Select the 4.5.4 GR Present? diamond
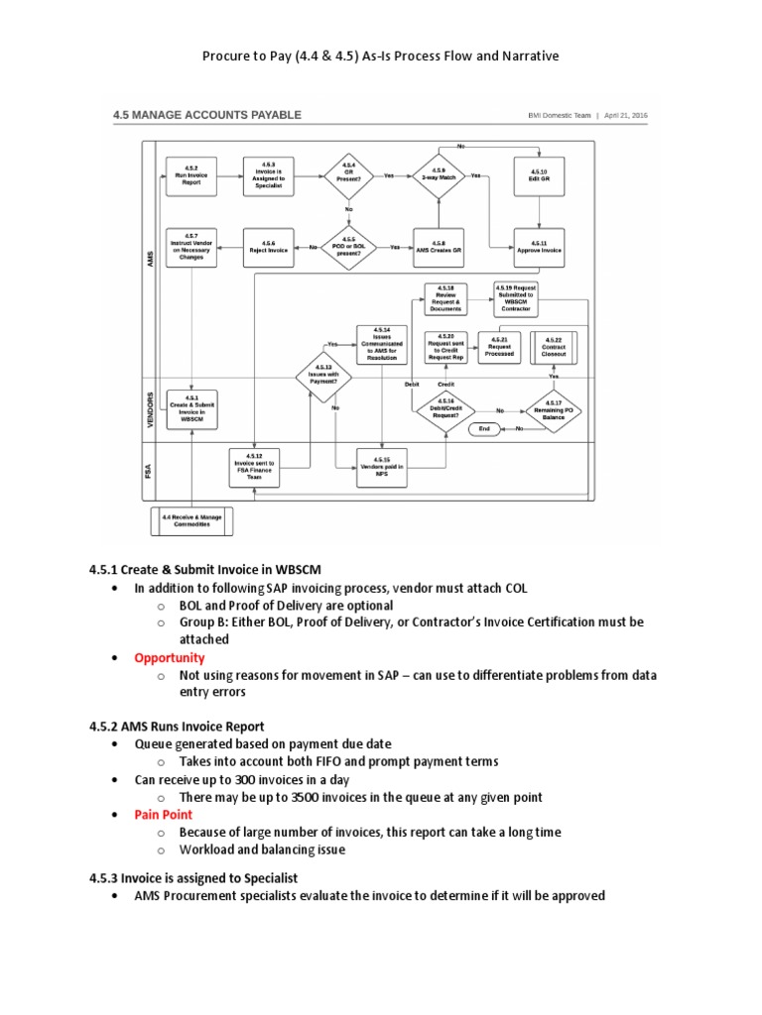click(x=349, y=175)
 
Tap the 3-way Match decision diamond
click(x=439, y=175)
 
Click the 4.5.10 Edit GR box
click(x=539, y=175)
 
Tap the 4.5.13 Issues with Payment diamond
click(x=322, y=375)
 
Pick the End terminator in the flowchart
click(x=484, y=428)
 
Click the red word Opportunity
click(x=170, y=657)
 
